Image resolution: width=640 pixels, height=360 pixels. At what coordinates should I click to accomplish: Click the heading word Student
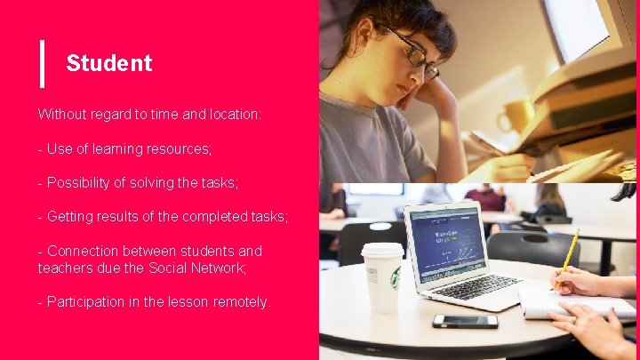pos(108,63)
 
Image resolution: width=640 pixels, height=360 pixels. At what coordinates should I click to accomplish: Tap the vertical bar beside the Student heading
pos(42,63)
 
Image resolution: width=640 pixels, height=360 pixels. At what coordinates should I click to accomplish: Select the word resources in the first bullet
pos(180,148)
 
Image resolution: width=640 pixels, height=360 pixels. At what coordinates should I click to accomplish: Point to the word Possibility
pos(84,182)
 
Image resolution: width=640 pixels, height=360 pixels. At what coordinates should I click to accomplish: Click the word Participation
pos(87,301)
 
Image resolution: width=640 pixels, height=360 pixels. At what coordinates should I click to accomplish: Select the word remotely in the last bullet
pos(239,301)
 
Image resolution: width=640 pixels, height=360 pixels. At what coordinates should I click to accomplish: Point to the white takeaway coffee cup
pos(383,276)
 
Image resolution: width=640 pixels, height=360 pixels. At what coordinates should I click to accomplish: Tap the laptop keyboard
pos(476,286)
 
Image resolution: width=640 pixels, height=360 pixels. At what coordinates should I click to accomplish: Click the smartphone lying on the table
pos(465,321)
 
